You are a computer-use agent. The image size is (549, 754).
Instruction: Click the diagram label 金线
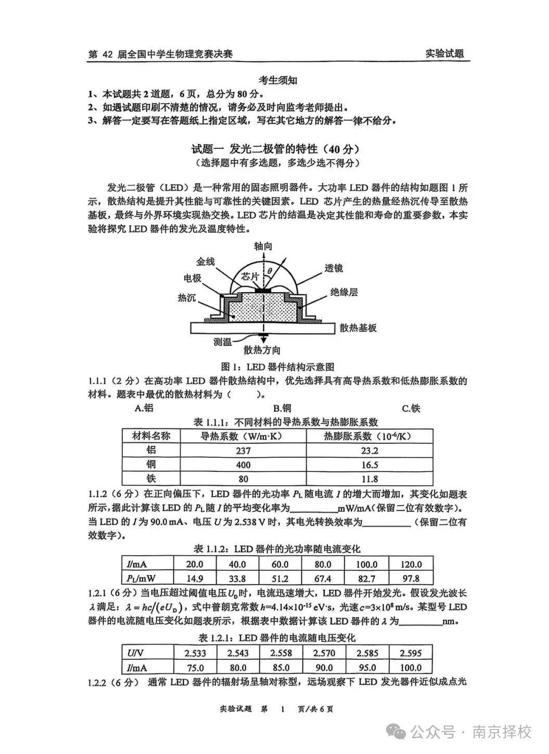(206, 262)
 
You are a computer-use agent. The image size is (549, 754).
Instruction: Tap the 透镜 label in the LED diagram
(334, 268)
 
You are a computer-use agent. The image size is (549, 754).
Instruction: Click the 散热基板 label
(358, 328)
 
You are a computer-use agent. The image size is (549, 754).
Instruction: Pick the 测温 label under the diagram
(222, 342)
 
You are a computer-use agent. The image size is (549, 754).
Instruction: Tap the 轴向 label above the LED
(263, 246)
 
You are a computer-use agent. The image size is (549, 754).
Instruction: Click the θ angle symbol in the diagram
(270, 271)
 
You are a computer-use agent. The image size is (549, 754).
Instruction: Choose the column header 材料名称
(151, 436)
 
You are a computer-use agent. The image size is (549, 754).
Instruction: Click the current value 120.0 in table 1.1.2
(411, 564)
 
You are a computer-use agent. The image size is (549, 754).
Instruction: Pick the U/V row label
(136, 653)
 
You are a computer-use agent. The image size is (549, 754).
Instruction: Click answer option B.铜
(282, 408)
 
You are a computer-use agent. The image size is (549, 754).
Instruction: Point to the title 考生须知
(278, 80)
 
